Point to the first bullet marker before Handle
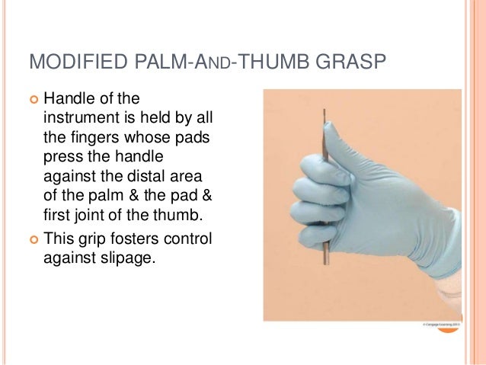[33, 98]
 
